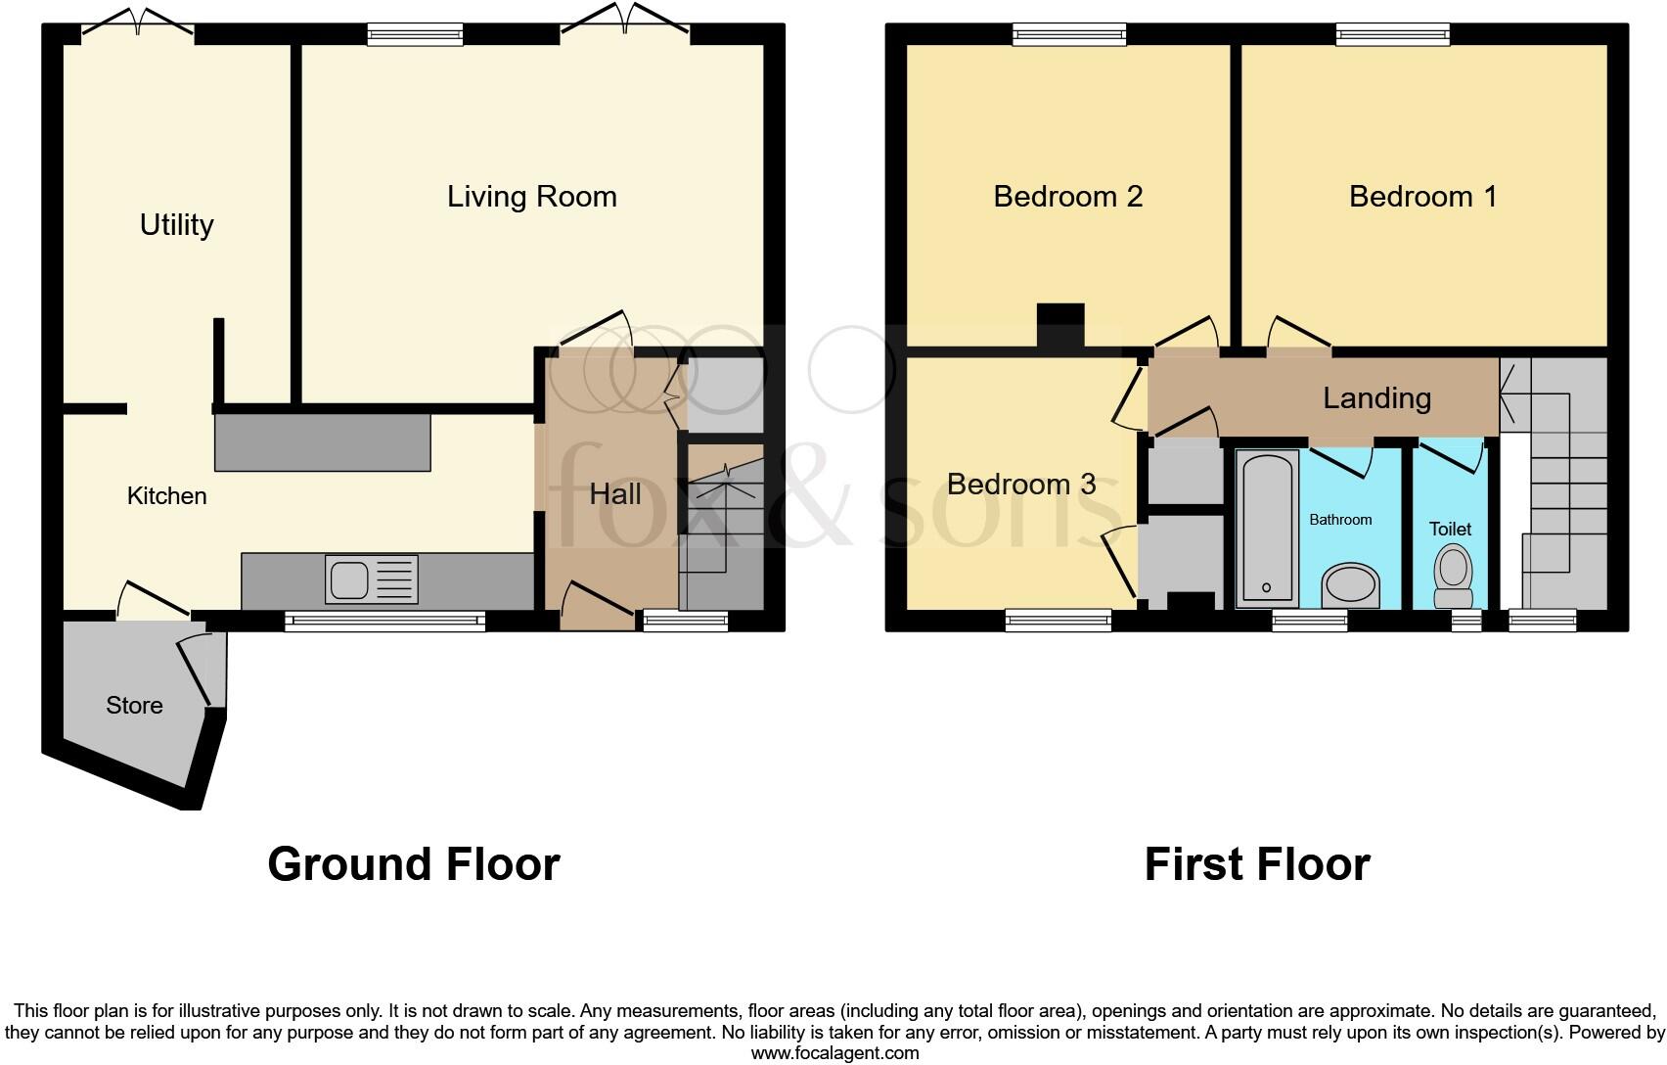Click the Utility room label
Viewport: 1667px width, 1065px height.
pos(176,225)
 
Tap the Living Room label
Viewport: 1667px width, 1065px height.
pos(531,197)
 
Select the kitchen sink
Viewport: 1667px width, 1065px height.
pos(371,579)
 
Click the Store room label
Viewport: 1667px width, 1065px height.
pos(134,706)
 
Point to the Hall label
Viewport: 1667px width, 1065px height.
pos(615,493)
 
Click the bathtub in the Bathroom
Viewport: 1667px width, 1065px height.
pos(1267,529)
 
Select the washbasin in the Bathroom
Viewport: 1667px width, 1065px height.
pos(1350,585)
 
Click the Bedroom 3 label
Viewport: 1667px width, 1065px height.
pos(1020,484)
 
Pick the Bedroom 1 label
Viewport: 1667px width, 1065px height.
pos(1422,197)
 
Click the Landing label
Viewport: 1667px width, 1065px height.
pos(1376,398)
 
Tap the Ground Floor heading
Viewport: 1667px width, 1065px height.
pos(413,864)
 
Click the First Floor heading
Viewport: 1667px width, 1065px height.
pos(1256,864)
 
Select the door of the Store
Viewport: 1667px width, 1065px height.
pos(196,670)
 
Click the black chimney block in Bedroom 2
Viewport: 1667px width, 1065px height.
pos(1060,326)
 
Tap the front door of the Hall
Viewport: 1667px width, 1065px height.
pos(597,603)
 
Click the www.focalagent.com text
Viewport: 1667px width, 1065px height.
pos(834,1053)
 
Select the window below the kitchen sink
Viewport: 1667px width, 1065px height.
pos(384,621)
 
